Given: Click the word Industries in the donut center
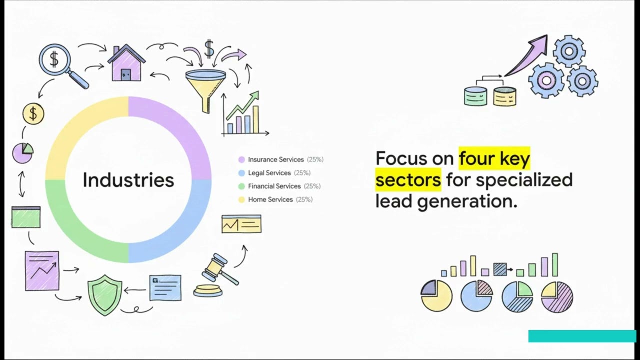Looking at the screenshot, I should tap(128, 180).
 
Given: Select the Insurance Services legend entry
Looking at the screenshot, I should tap(276, 160).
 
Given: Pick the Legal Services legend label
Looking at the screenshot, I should tap(269, 173).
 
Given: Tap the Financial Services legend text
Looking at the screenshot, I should tap(274, 186).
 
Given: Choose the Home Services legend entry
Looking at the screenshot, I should tap(270, 199).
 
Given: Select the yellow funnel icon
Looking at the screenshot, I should tap(205, 87).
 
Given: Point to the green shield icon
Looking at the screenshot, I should tap(104, 295).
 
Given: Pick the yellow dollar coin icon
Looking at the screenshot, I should tap(33, 114).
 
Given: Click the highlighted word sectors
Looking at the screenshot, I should tap(408, 180).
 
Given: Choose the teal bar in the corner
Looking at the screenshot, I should tap(582, 336).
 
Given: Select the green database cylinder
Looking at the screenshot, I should tap(475, 96).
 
